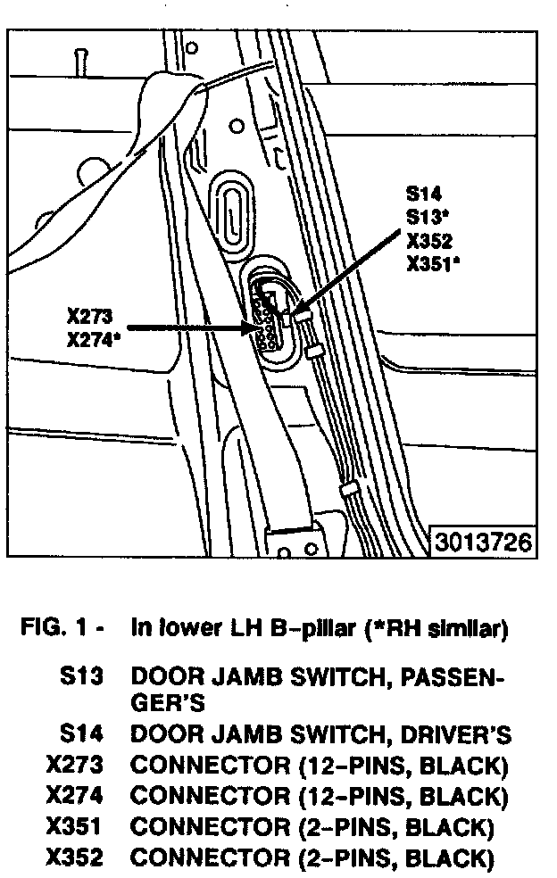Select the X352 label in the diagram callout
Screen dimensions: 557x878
coord(428,240)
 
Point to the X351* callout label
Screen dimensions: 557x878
coord(433,263)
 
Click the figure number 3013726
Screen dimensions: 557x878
coord(484,542)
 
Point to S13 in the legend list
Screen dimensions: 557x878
coord(82,679)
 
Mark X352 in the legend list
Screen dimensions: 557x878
coord(74,858)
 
